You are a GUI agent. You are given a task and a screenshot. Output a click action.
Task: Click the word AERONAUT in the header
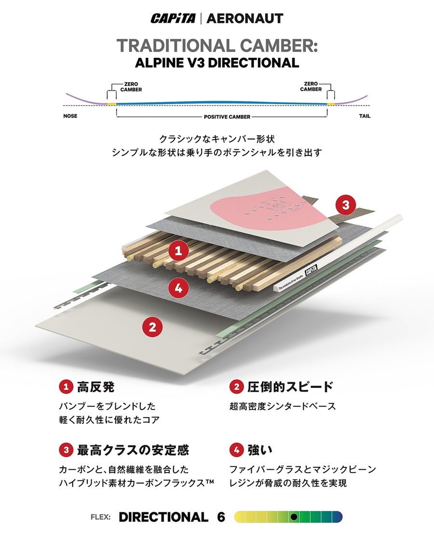[244, 19]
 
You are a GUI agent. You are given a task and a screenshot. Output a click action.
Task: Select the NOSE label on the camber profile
[70, 117]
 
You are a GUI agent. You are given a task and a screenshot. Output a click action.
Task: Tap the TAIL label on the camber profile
[365, 117]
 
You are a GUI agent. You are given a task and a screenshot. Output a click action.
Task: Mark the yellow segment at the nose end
[111, 104]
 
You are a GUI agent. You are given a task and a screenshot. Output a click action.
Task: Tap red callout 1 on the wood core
[178, 251]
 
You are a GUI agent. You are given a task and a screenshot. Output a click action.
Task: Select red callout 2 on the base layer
[152, 328]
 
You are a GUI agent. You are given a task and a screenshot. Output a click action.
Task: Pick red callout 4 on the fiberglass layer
[178, 289]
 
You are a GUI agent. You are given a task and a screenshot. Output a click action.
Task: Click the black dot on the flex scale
[294, 517]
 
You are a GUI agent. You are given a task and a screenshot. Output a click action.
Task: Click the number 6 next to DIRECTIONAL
[221, 517]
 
